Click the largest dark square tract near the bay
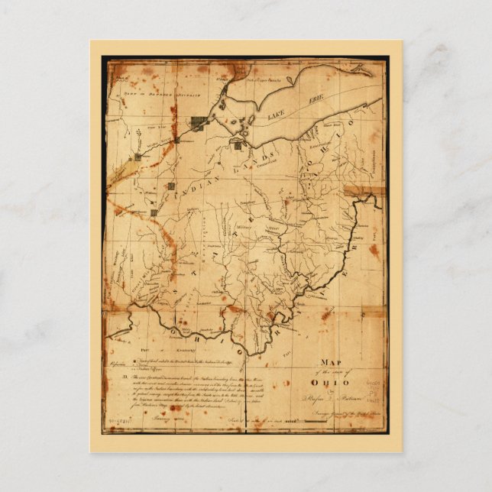click(x=201, y=123)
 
